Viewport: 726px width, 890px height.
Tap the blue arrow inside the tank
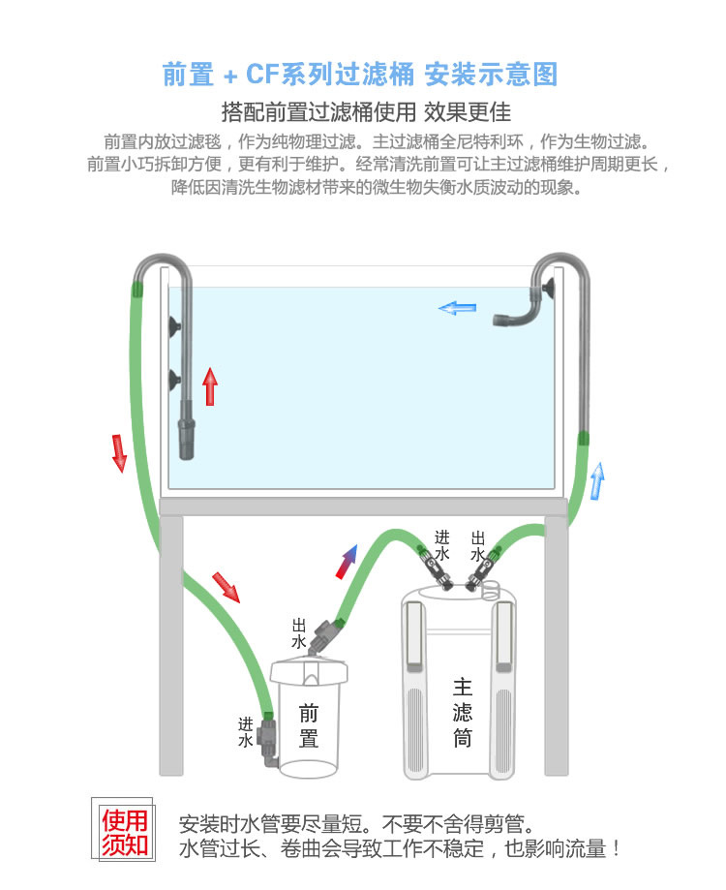pyautogui.click(x=457, y=308)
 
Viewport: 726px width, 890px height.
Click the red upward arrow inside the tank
pyautogui.click(x=210, y=386)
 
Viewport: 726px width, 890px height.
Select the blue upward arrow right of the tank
pyautogui.click(x=597, y=480)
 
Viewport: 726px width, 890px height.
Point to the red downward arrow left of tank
pyautogui.click(x=119, y=453)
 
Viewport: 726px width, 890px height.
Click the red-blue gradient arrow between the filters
pyautogui.click(x=347, y=561)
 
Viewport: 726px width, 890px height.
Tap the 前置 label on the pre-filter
pyautogui.click(x=309, y=726)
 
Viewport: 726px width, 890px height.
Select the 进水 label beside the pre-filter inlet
pyautogui.click(x=246, y=732)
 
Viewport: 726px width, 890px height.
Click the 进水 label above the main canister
pyautogui.click(x=442, y=545)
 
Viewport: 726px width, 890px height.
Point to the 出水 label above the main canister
pyautogui.click(x=478, y=545)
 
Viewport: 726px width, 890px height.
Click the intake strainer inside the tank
pyautogui.click(x=187, y=441)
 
